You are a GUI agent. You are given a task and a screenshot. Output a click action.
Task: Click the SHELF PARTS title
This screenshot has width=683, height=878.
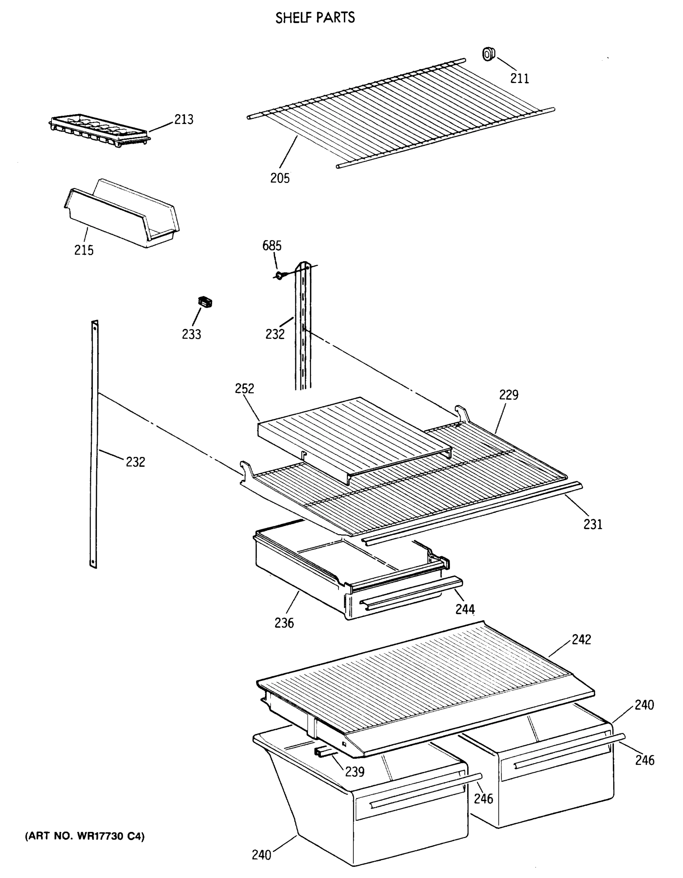pos(315,18)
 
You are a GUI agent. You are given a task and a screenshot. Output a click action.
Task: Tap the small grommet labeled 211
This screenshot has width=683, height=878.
pos(488,54)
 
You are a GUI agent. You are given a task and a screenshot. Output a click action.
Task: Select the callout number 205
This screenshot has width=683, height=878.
pos(280,178)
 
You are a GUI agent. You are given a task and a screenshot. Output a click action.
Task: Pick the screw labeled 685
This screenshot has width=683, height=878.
pos(279,276)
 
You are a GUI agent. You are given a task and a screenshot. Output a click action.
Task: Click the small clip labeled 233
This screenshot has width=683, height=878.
pos(206,302)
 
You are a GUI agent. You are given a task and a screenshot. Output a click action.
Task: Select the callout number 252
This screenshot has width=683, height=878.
pos(244,389)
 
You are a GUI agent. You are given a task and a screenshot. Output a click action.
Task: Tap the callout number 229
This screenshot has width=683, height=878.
pos(509,395)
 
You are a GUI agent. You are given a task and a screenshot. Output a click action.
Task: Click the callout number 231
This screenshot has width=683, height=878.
pos(593,525)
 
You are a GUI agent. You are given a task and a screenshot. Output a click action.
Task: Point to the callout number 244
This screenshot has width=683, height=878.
pos(465,609)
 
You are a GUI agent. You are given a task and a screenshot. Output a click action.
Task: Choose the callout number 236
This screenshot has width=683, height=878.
pos(284,623)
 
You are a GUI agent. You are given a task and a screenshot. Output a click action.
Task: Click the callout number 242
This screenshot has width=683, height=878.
pos(581,639)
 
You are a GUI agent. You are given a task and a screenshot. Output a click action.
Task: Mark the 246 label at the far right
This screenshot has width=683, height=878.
pos(645,760)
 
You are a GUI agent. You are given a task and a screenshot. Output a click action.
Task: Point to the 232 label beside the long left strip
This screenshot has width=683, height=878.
pos(135,462)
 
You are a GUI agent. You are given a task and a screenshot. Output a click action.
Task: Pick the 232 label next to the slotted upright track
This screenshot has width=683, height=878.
pos(275,334)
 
